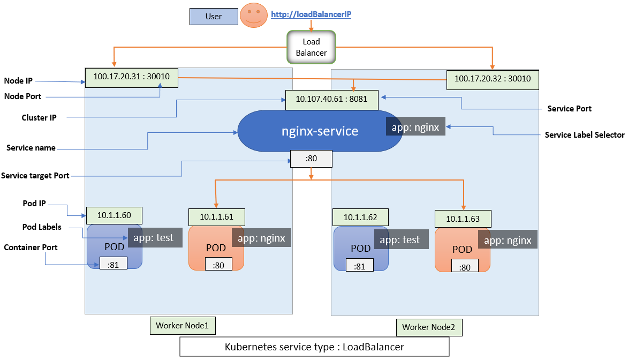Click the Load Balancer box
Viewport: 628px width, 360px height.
tap(311, 47)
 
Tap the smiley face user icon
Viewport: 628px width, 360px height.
tap(253, 16)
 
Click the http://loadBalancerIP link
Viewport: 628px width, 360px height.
tap(311, 15)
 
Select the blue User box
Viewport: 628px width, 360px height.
tap(213, 17)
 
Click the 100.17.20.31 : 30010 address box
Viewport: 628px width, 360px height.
tap(132, 77)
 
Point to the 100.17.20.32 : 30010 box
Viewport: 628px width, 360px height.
tap(492, 79)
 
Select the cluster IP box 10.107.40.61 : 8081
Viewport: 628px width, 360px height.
tap(332, 99)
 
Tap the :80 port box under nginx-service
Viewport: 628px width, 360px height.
tap(311, 159)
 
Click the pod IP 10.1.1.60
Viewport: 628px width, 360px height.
tap(114, 215)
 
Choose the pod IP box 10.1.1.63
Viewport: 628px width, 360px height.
tap(464, 219)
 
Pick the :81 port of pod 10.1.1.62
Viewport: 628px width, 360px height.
tap(359, 266)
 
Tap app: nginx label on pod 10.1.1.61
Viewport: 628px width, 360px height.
tap(261, 238)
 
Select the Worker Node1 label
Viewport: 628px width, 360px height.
tap(178, 325)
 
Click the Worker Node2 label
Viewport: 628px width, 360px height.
tap(429, 327)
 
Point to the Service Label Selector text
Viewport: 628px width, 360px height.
tap(584, 135)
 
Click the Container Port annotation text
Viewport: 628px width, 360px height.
tap(31, 247)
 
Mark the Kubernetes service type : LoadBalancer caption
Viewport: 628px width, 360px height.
tap(314, 347)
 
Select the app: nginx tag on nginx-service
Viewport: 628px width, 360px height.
tap(415, 127)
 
